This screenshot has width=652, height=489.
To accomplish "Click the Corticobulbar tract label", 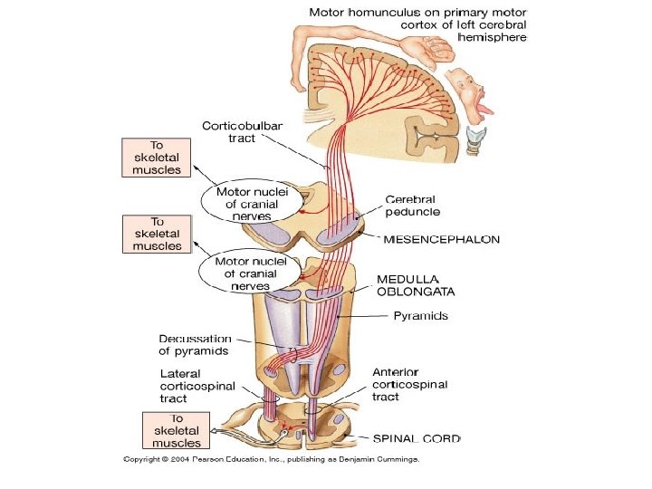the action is [243, 132].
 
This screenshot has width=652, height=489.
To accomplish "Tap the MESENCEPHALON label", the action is [442, 239].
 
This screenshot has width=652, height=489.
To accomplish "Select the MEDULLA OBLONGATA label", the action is [416, 285].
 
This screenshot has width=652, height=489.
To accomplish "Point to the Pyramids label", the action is [421, 316].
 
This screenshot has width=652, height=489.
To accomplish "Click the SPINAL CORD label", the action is [417, 438].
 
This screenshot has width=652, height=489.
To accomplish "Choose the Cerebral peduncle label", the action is [413, 206].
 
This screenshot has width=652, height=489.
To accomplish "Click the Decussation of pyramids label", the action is [195, 345].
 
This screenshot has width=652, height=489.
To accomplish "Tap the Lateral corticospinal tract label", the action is [197, 387].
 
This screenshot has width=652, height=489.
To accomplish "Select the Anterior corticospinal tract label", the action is [410, 384].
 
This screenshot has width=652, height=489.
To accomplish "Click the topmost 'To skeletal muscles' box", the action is [157, 158].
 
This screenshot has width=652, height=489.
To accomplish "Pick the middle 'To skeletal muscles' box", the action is [158, 235].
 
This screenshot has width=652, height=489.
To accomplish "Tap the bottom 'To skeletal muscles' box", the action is [177, 430].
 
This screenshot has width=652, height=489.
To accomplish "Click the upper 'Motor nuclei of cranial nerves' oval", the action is [252, 202].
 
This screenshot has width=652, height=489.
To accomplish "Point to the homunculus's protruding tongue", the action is [485, 110].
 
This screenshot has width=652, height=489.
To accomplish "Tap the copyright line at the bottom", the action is [271, 459].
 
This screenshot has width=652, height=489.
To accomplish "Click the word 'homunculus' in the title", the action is [382, 12].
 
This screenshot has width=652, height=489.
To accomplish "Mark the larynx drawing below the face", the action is [475, 140].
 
